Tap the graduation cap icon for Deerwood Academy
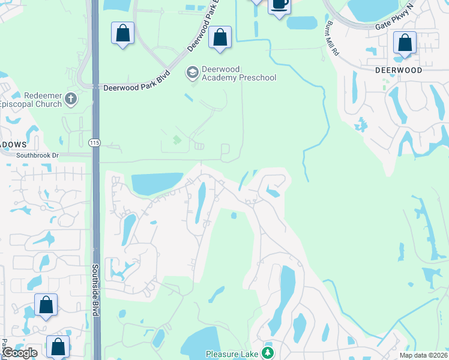(x=193, y=73)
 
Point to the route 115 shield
(x=94, y=142)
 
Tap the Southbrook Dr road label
(x=38, y=155)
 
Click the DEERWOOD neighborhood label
(x=398, y=70)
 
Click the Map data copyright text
(x=423, y=355)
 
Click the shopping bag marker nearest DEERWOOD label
(x=405, y=44)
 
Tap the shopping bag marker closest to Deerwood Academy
(x=220, y=37)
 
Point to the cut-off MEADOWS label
(x=13, y=145)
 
